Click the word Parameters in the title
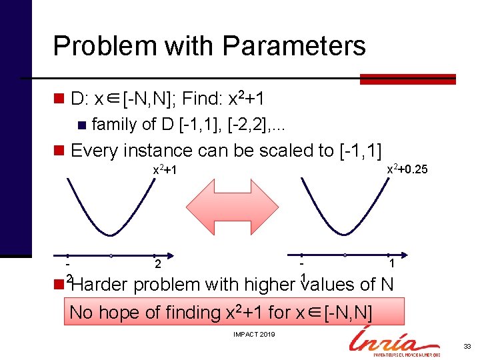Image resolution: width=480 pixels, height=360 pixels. tap(294, 46)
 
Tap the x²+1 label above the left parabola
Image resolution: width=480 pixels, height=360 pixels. tap(164, 170)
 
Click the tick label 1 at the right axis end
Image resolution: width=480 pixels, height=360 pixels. tap(391, 264)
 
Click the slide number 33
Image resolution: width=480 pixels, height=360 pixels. tap(466, 346)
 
